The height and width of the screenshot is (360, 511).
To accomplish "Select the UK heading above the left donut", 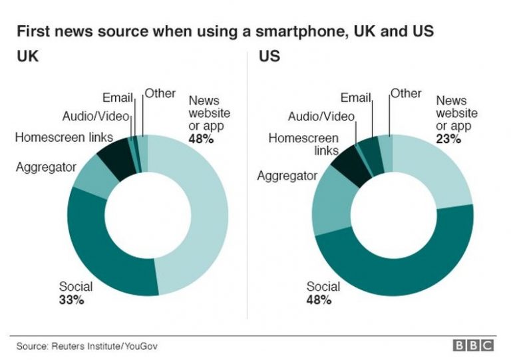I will pyautogui.click(x=27, y=57).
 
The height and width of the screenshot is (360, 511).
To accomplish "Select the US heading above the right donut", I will pyautogui.click(x=269, y=57).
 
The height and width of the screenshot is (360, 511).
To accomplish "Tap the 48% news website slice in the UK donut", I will pyautogui.click(x=200, y=213).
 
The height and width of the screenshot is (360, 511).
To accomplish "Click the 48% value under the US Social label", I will pyautogui.click(x=319, y=300).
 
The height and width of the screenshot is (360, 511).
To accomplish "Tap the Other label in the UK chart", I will pyautogui.click(x=160, y=93).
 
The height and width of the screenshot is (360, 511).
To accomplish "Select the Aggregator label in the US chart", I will pyautogui.click(x=287, y=176).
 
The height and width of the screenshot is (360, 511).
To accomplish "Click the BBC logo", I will pyautogui.click(x=474, y=345).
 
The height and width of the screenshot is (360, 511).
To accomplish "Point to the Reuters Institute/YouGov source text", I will pyautogui.click(x=87, y=346).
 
